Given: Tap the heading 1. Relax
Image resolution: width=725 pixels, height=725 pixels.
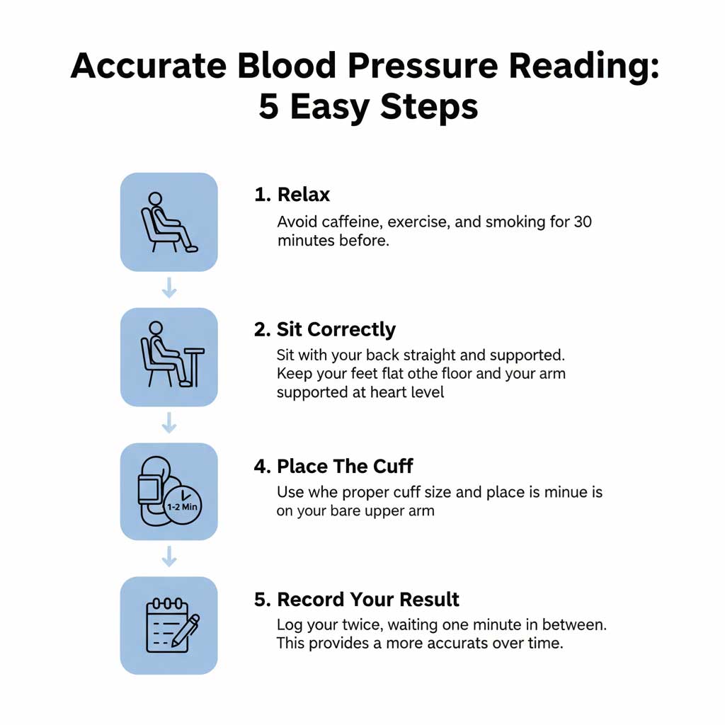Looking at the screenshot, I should click(292, 195).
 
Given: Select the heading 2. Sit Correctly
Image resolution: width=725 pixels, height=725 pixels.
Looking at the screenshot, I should click(325, 330).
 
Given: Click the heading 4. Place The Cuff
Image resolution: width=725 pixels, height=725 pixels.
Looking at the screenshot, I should click(333, 467).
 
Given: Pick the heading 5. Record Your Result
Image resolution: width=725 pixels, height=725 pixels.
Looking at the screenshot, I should click(356, 600).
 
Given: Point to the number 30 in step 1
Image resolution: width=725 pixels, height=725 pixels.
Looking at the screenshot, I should click(582, 222).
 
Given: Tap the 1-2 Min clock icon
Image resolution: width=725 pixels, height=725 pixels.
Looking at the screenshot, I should click(183, 506).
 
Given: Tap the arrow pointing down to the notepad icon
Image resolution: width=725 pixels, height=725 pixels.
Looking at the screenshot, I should click(169, 557).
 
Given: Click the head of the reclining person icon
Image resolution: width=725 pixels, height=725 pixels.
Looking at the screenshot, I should click(155, 200).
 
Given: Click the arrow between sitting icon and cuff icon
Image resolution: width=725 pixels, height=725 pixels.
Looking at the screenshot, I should click(169, 423).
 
